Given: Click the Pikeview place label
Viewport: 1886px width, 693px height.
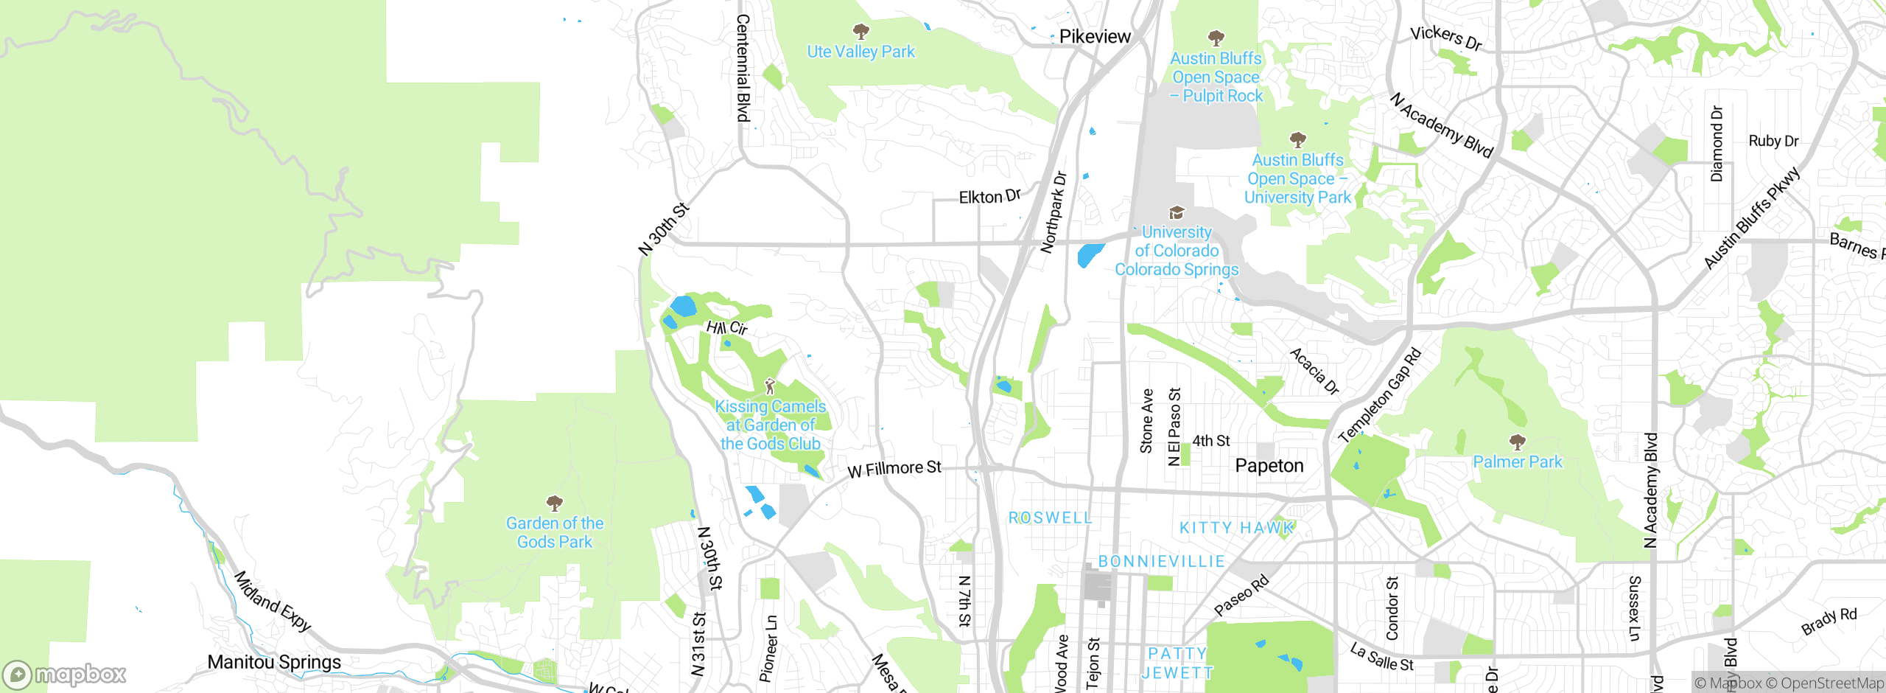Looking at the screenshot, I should [x=1094, y=37].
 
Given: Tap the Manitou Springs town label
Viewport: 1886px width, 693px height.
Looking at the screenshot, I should [x=274, y=662].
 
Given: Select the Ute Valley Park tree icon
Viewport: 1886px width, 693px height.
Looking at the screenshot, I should [x=860, y=31].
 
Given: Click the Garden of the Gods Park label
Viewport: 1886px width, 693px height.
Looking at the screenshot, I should [x=555, y=532].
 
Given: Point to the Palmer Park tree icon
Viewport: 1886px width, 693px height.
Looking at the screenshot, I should [x=1517, y=442].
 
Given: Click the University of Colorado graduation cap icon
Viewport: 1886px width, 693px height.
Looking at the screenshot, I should [x=1177, y=213].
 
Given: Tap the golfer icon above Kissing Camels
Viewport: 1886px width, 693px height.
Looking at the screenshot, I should [x=770, y=386].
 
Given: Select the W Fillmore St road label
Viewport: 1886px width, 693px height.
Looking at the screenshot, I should [x=894, y=469].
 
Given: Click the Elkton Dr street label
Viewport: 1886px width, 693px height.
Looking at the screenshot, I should [x=989, y=196].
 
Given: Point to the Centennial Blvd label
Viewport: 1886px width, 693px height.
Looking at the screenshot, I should [x=743, y=68].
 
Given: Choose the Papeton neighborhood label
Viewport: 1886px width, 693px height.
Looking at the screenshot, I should [x=1269, y=466].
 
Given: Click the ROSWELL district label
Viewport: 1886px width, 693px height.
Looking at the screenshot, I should [x=1050, y=518].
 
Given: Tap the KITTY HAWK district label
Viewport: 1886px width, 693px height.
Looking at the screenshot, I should [x=1236, y=528].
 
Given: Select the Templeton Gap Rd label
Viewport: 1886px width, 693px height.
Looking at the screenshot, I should [x=1379, y=396].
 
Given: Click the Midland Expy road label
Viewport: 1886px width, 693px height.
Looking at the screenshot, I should [x=272, y=601].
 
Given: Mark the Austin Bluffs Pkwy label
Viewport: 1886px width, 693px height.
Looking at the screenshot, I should [x=1751, y=219].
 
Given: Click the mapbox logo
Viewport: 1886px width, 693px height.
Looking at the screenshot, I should [x=65, y=675].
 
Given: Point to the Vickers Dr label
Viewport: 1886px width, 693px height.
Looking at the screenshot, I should [x=1445, y=38].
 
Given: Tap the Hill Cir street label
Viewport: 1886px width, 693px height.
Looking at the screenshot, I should [x=726, y=328].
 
